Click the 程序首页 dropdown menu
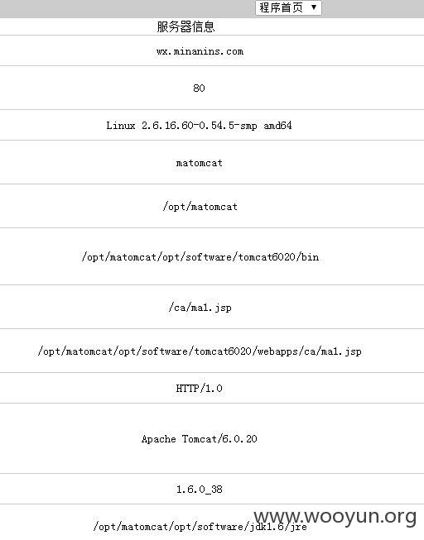coord(288,7)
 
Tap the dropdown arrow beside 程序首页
coord(314,7)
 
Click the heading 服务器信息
coord(185,26)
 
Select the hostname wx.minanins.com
coord(200,51)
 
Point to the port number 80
coord(199,88)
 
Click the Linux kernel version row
coord(199,126)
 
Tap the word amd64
coord(277,126)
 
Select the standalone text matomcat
coord(199,163)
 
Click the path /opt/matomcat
coord(200,207)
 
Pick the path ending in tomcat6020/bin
coord(200,257)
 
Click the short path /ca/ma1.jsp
coord(200,308)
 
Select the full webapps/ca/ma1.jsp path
coord(200,351)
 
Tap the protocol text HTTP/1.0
coord(199,389)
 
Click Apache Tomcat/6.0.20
coord(199,439)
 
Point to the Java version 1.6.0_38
coord(199,490)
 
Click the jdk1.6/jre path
coord(200,527)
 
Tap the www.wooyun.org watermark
coord(335,517)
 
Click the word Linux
coord(120,126)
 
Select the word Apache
coord(158,439)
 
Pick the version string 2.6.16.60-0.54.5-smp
coord(199,126)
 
